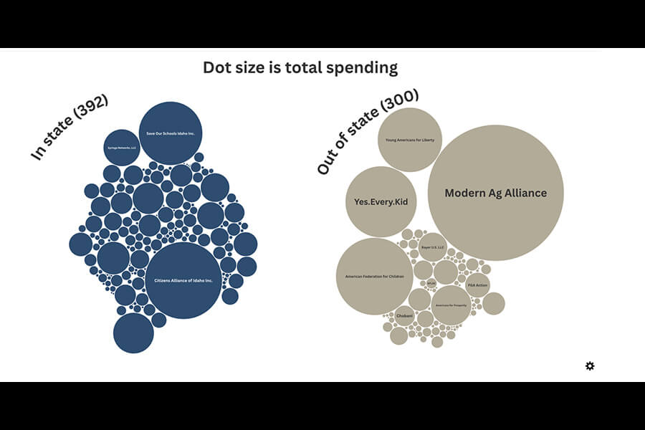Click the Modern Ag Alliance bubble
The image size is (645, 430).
pos(495,193)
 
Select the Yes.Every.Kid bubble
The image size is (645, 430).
pos(381,201)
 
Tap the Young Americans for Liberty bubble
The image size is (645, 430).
pos(410,140)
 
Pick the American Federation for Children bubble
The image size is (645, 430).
pos(374,276)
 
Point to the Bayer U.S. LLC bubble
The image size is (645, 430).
pos(433,247)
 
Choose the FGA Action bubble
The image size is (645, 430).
pos(477,285)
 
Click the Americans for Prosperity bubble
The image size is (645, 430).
pos(451,305)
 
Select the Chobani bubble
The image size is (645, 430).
pos(405,315)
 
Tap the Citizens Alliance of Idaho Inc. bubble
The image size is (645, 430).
pos(183,280)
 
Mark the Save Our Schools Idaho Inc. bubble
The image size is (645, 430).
pos(171,133)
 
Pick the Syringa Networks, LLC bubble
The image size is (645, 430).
pos(122,148)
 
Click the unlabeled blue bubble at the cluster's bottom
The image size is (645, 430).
pos(133,333)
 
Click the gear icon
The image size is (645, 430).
pos(590,366)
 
